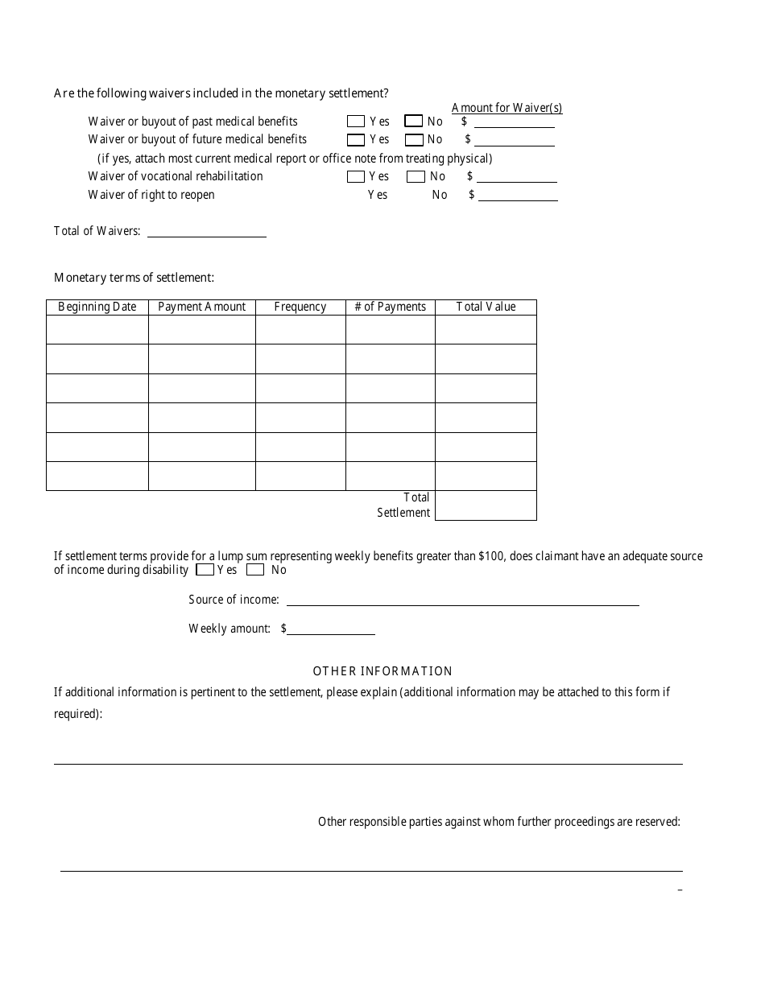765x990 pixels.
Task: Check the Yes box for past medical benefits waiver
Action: (x=355, y=122)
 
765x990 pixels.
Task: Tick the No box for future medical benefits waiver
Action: (x=414, y=140)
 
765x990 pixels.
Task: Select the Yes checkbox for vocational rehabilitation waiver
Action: (x=355, y=176)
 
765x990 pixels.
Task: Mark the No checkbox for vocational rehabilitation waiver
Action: (x=416, y=176)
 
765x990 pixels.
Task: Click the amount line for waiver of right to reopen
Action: (x=518, y=196)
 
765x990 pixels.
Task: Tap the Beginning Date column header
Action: (x=97, y=307)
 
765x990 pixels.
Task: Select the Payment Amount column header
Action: (x=202, y=307)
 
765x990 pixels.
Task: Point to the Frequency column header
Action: (x=300, y=307)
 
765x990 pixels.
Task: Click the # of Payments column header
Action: (x=391, y=307)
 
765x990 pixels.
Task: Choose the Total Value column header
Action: (x=486, y=307)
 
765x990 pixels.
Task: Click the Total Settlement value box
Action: (x=486, y=505)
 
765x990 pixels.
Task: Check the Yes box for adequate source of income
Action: (x=205, y=570)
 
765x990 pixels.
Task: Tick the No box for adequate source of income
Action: (x=255, y=570)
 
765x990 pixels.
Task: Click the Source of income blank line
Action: (x=462, y=600)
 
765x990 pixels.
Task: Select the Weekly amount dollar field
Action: (x=331, y=629)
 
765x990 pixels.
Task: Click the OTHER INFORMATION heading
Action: (x=382, y=671)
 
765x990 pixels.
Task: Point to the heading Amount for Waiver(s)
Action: (x=507, y=108)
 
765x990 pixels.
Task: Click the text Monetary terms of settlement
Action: (x=134, y=278)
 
